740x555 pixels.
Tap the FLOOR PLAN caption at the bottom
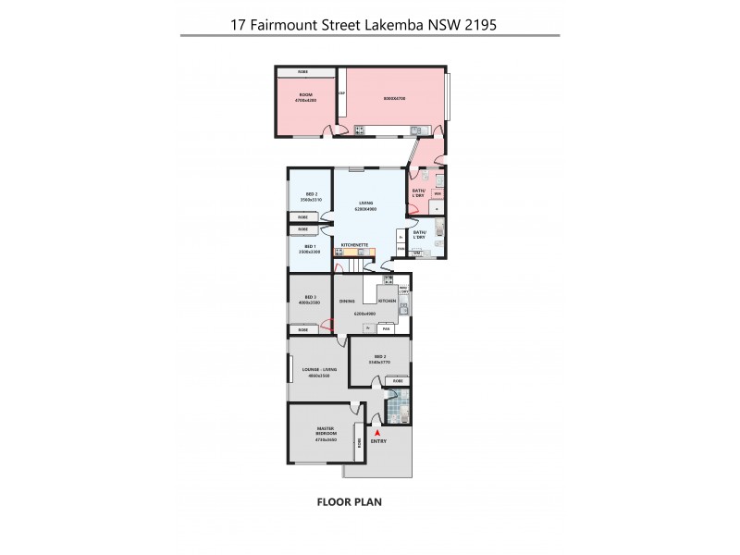pyautogui.click(x=349, y=502)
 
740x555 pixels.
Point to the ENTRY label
pyautogui.click(x=378, y=441)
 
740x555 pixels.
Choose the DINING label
pyautogui.click(x=347, y=302)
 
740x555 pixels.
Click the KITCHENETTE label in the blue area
pyautogui.click(x=355, y=245)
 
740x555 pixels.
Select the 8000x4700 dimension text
pyautogui.click(x=396, y=98)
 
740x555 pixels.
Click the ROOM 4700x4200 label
pyautogui.click(x=305, y=98)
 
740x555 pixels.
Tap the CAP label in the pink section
pyautogui.click(x=341, y=93)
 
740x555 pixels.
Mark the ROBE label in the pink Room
pyautogui.click(x=302, y=72)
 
